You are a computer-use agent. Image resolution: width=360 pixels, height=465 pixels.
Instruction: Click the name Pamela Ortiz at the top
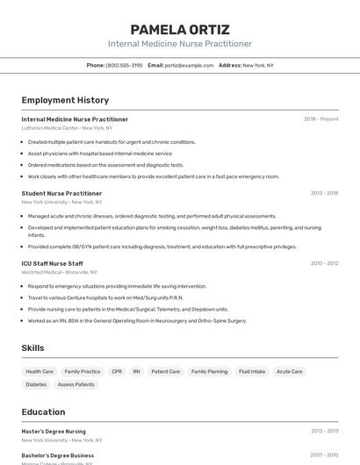pos(179,29)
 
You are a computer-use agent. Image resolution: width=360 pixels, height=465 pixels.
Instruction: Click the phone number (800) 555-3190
pos(124,65)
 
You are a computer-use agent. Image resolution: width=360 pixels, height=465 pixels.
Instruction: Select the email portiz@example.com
pos(189,65)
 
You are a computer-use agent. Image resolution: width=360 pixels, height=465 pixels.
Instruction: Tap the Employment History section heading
pos(65,100)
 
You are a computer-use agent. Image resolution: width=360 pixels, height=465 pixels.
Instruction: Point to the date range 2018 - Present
pos(320,119)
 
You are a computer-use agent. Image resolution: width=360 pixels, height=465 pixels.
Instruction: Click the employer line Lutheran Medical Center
pos(67,128)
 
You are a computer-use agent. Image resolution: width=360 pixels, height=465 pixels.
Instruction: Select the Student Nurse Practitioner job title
pos(61,193)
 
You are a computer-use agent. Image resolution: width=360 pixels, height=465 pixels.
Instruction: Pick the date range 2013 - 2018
pos(323,193)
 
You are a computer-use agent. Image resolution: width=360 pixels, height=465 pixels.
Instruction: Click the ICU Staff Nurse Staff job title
pos(52,263)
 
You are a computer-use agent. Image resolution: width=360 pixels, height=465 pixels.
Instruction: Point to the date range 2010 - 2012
pos(323,263)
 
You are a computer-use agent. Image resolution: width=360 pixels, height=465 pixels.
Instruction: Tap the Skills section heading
pos(32,348)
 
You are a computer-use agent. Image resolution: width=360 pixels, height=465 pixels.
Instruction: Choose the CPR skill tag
pos(117,371)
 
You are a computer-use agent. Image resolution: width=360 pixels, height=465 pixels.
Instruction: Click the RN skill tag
pos(136,371)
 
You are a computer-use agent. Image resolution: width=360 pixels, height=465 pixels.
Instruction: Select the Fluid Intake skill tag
pos(252,371)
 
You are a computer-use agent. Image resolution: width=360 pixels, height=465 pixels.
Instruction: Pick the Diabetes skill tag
pos(36,384)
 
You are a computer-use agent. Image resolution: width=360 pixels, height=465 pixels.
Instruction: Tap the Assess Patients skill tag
pos(76,384)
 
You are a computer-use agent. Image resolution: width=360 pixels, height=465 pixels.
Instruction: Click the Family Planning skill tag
pos(209,371)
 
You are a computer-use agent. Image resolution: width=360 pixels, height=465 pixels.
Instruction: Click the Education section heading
pos(43,412)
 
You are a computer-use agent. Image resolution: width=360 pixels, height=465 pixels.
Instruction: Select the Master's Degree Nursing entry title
pos(54,432)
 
